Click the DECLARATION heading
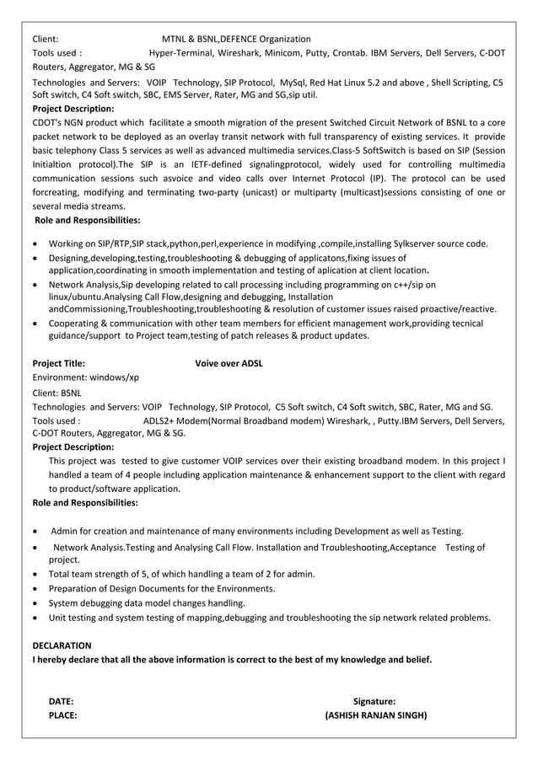pos(62,645)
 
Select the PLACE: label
pos(63,715)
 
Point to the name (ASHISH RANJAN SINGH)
pos(375,715)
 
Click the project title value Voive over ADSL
pos(229,364)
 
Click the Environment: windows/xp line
pos(85,378)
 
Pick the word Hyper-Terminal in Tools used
pos(181,52)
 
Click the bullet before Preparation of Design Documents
pos(35,588)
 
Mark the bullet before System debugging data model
pos(35,603)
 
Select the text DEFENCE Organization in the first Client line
pos(266,39)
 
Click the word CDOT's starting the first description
pos(48,122)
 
